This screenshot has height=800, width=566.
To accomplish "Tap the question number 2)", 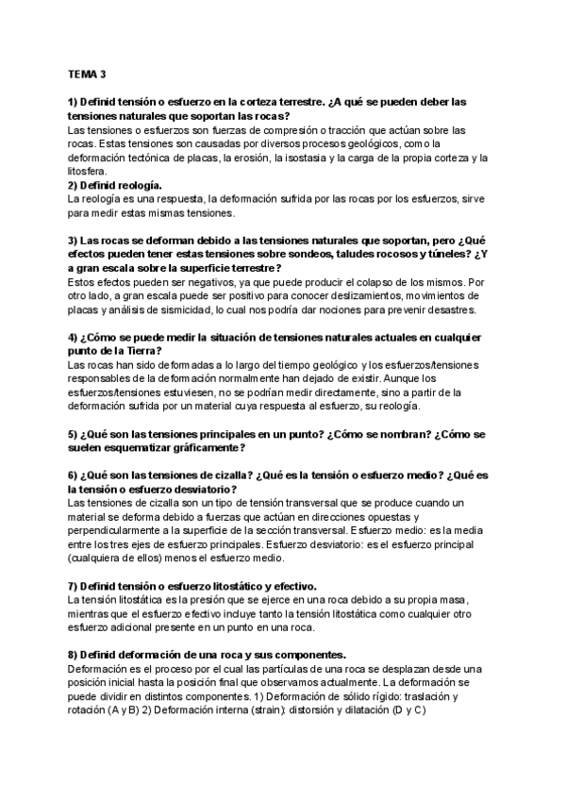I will point(75,186).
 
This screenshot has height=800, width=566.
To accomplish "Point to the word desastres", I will point(456,309).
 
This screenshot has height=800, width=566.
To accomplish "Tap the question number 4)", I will point(75,337).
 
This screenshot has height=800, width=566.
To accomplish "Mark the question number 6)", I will point(75,475).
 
